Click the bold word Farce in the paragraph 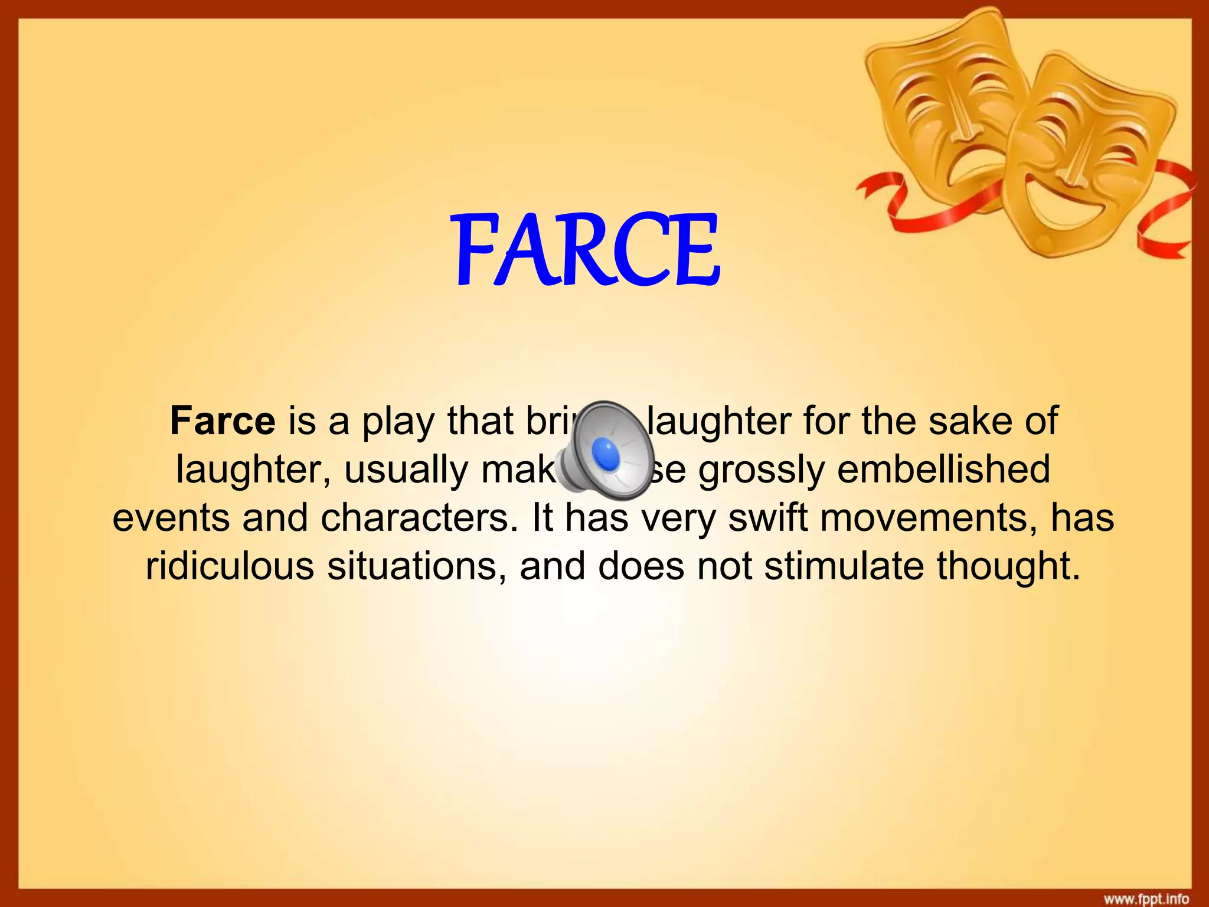[x=223, y=421]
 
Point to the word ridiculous [x=230, y=566]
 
